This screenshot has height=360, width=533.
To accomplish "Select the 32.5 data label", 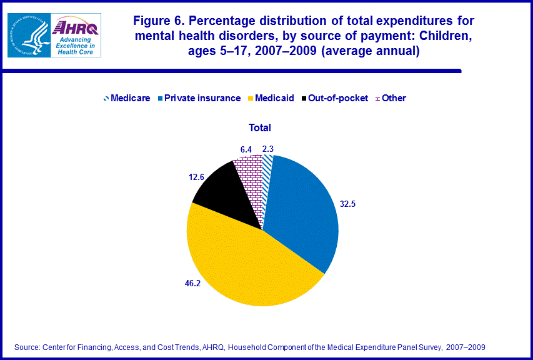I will click(348, 204).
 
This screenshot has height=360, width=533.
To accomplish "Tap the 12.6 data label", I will click(197, 177).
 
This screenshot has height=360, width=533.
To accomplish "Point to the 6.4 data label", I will click(246, 149).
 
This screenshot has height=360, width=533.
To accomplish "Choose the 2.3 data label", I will click(268, 149).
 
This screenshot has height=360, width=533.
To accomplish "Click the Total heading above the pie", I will click(260, 127).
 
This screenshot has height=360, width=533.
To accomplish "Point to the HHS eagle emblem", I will click(29, 35).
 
